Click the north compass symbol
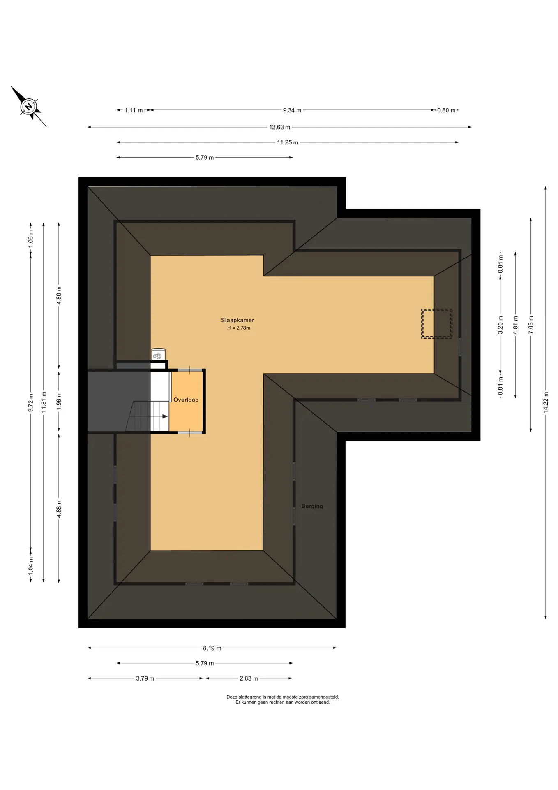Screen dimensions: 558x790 [x=28, y=107]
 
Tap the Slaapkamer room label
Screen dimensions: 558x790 [x=237, y=320]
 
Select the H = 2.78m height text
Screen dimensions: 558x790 [x=239, y=328]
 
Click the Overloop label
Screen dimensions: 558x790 [x=186, y=400]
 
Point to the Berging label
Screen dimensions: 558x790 [x=312, y=506]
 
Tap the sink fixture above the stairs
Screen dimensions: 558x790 [x=158, y=355]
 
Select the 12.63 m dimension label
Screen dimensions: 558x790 [x=280, y=127]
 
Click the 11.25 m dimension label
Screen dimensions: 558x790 [x=288, y=142]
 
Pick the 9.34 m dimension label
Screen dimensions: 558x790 [x=292, y=110]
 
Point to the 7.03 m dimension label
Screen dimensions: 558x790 [x=531, y=325]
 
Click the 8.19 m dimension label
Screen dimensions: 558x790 [x=212, y=648]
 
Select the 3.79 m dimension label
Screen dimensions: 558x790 [x=145, y=678]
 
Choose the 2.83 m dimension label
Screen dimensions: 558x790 [x=249, y=678]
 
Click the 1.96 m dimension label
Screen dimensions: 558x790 [x=59, y=401]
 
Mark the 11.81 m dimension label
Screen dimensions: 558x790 [x=44, y=402]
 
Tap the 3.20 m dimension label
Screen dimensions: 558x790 [x=500, y=325]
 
